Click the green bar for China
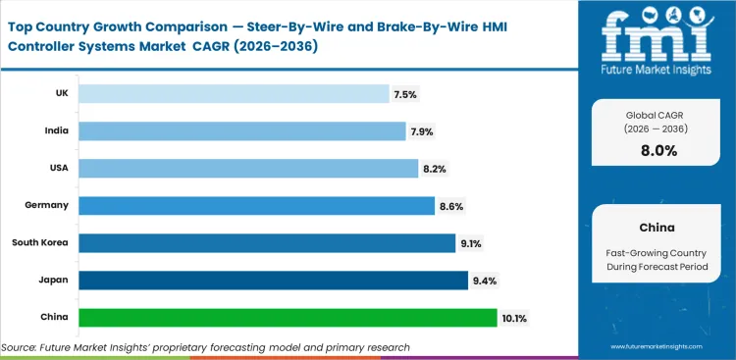[288, 317]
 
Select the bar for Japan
[273, 280]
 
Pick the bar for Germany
[256, 205]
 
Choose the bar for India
[241, 130]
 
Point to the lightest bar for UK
[234, 93]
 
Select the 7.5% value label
[405, 94]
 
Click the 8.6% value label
[451, 206]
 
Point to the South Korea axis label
[40, 242]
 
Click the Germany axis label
[47, 205]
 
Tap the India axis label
[55, 130]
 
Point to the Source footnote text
[205, 347]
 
